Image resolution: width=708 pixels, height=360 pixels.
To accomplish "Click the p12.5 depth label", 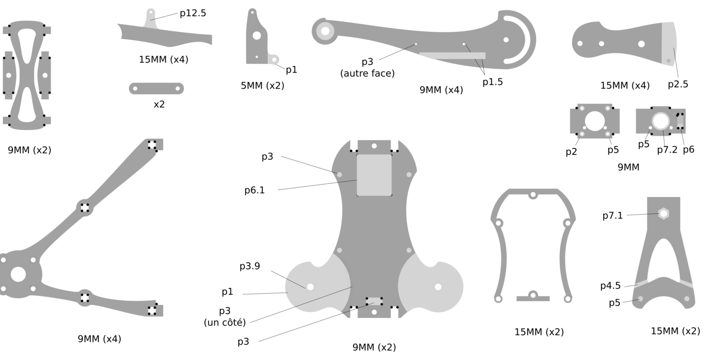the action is tap(193, 13).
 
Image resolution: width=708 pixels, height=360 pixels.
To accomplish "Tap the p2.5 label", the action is tap(678, 84).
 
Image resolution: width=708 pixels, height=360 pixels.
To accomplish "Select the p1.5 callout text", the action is tap(492, 82).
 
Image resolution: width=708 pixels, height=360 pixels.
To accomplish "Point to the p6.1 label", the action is tap(254, 190).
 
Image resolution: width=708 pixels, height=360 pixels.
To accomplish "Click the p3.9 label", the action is tap(250, 266).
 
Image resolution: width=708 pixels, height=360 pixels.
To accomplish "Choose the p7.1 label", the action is tap(613, 216).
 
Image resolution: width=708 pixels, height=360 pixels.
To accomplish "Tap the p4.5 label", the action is tap(610, 286).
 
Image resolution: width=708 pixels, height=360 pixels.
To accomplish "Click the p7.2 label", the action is tap(667, 150).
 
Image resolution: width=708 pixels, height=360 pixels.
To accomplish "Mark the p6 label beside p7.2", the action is tap(689, 150).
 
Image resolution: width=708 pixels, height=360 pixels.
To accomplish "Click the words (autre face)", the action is tap(367, 74).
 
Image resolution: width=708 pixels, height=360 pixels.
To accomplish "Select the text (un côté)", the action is tap(225, 323).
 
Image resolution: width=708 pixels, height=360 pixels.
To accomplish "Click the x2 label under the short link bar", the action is tap(160, 105).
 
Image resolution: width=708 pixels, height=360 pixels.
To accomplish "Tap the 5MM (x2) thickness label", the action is tap(262, 86).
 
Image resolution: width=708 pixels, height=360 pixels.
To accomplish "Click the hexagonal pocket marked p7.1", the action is tap(664, 214).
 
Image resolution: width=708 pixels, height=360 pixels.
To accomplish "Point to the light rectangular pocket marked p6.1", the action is tap(374, 175).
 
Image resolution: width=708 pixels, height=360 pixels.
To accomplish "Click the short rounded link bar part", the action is tap(156, 89).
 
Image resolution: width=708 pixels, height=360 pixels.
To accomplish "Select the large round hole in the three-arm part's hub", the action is tap(18, 274).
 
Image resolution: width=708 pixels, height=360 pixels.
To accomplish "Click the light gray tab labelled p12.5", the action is tap(151, 18).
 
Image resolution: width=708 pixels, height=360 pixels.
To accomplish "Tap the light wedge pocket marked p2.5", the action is tap(669, 44).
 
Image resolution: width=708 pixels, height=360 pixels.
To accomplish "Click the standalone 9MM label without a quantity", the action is tap(628, 167).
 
